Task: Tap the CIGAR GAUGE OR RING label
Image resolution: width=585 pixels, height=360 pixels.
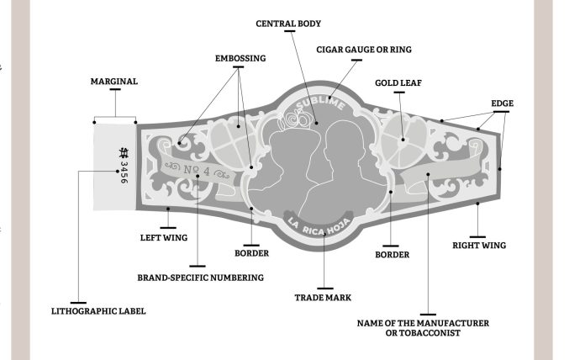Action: pos(363,50)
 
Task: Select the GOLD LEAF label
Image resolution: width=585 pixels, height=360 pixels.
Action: pos(398,84)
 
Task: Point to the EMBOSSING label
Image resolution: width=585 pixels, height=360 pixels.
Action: pos(240,59)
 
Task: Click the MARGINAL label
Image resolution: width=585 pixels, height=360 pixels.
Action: pos(113,82)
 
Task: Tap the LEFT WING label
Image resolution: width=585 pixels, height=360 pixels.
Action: pos(162,237)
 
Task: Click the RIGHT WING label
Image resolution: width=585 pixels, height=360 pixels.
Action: pos(478,246)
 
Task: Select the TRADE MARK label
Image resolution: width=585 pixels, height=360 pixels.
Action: pos(322,297)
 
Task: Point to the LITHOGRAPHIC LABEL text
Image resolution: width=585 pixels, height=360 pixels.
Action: pos(98,310)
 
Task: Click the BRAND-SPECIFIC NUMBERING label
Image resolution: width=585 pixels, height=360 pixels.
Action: pos(200,277)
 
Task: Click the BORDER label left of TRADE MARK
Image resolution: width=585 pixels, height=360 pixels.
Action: pos(251,251)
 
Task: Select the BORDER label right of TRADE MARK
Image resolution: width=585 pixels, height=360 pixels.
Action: pos(392,253)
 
